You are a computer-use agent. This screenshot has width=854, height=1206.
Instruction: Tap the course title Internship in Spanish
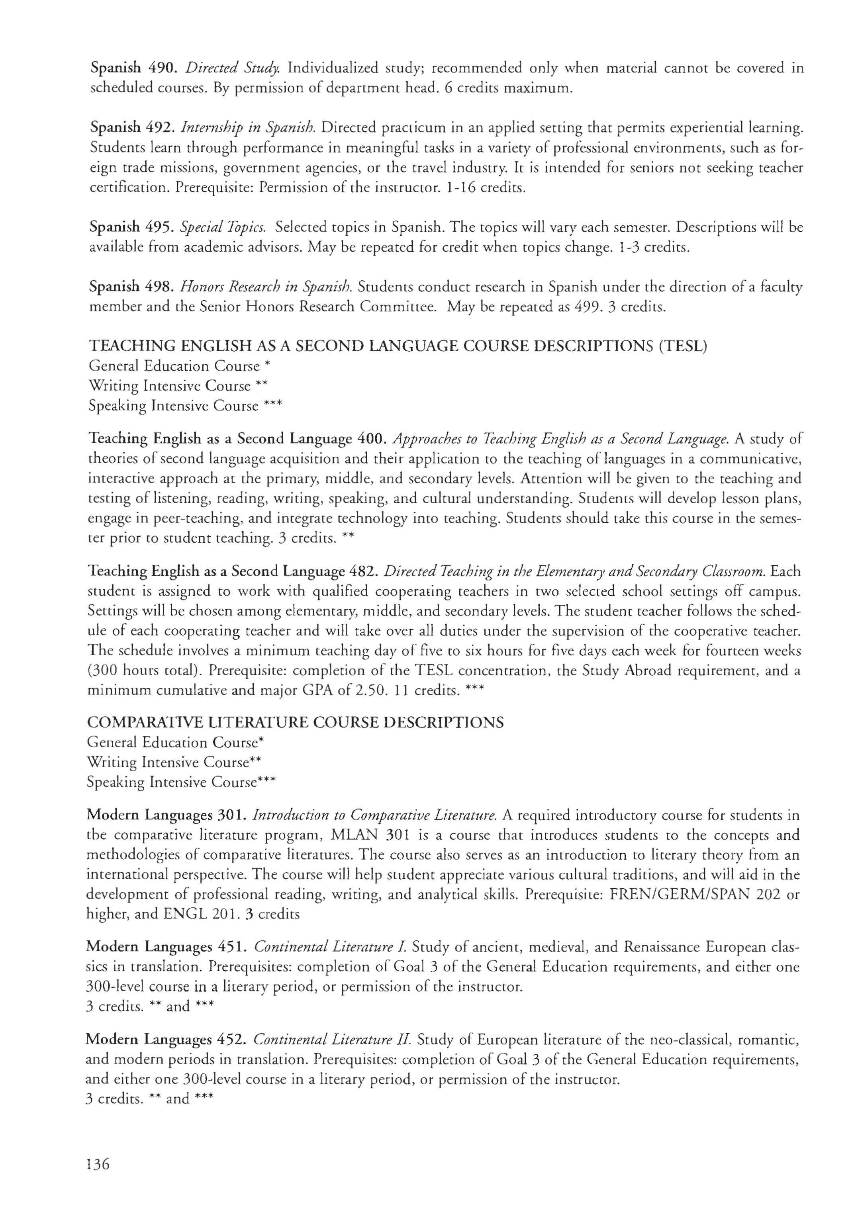tap(248, 128)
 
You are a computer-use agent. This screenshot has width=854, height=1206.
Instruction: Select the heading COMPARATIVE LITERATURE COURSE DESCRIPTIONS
tap(295, 723)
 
